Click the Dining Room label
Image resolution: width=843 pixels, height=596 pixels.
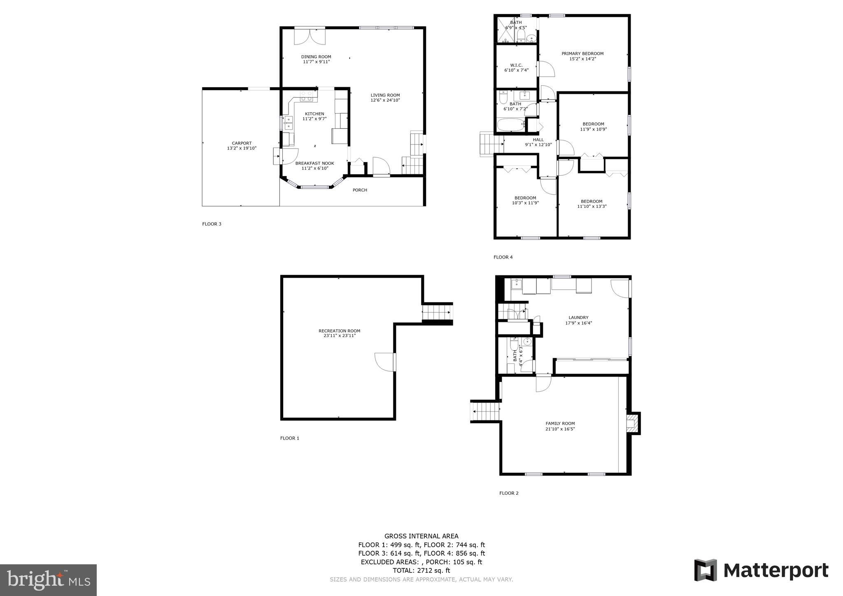pyautogui.click(x=316, y=57)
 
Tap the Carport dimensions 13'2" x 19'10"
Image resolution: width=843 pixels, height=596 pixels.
pyautogui.click(x=242, y=148)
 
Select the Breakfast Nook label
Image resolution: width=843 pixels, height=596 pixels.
pyautogui.click(x=314, y=163)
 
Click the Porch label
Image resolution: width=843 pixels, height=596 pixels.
pyautogui.click(x=360, y=190)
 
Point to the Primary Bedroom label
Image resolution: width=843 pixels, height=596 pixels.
pyautogui.click(x=582, y=54)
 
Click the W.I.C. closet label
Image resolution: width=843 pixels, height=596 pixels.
pyautogui.click(x=516, y=65)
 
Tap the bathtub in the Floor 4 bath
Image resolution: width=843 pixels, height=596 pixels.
pyautogui.click(x=510, y=125)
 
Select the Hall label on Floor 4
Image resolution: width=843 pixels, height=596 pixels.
pyautogui.click(x=538, y=140)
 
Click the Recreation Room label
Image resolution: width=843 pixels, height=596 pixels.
pyautogui.click(x=339, y=331)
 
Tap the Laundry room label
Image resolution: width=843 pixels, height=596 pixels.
pyautogui.click(x=578, y=318)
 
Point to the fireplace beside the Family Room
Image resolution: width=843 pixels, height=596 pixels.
pyautogui.click(x=632, y=423)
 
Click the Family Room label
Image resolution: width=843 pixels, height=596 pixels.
pyautogui.click(x=560, y=424)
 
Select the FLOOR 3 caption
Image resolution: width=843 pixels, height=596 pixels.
pyautogui.click(x=212, y=224)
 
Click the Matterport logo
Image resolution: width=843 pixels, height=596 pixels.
pyautogui.click(x=761, y=570)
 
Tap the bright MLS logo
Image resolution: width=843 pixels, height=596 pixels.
pyautogui.click(x=48, y=580)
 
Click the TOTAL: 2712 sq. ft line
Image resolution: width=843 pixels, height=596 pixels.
pyautogui.click(x=421, y=570)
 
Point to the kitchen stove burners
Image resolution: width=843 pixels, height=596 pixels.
pyautogui.click(x=306, y=96)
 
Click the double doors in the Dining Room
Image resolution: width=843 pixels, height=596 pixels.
pyautogui.click(x=310, y=36)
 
